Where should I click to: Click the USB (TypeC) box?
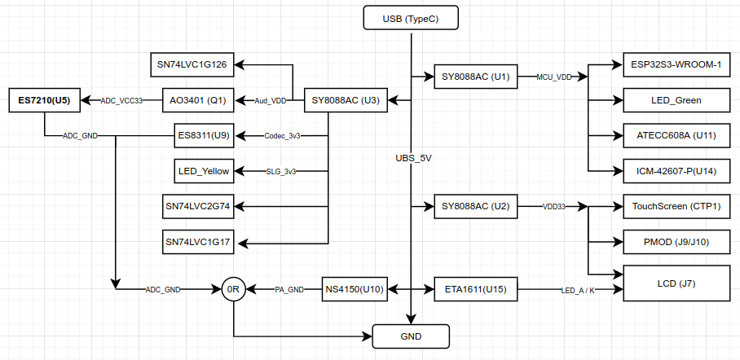[411, 18]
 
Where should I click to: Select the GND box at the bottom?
[411, 335]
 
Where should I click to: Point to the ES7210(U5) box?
[45, 101]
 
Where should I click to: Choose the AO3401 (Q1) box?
[198, 101]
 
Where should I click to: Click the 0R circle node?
[233, 289]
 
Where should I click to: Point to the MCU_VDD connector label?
[554, 77]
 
